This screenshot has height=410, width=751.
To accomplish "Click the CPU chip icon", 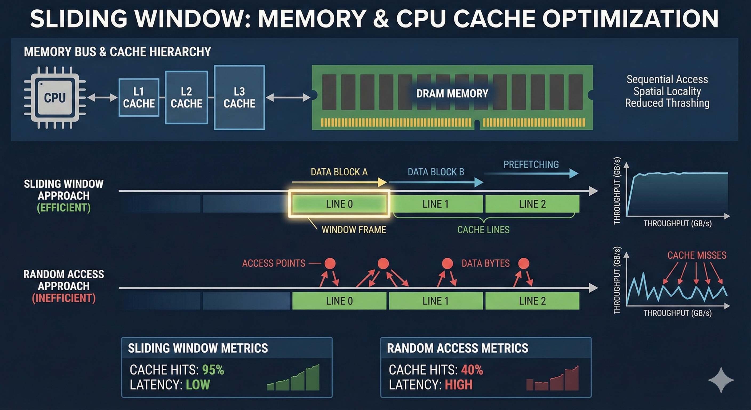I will click(55, 97).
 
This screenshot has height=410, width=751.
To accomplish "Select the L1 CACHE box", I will click(139, 97).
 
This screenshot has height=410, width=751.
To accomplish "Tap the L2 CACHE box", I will click(186, 97).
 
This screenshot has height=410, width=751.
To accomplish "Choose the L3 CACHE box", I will click(239, 97).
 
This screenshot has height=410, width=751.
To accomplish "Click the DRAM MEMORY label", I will click(452, 93).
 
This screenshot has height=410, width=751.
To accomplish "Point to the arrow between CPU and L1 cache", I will click(102, 97).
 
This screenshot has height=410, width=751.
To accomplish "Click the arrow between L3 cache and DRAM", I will click(288, 97).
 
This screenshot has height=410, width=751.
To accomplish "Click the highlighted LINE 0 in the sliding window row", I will click(339, 204).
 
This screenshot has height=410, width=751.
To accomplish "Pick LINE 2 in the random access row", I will click(532, 301).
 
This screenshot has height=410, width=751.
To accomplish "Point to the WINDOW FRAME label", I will click(354, 230).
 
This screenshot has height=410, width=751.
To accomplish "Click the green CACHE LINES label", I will click(483, 230).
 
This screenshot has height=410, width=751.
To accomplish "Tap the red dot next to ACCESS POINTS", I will click(330, 263).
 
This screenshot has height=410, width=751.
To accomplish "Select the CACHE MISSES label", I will click(697, 255).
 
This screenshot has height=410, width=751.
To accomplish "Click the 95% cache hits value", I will click(213, 370).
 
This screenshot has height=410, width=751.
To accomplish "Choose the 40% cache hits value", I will click(472, 370).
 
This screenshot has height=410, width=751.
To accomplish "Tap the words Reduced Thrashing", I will click(667, 103).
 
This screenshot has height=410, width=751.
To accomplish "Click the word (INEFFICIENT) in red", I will click(63, 298).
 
